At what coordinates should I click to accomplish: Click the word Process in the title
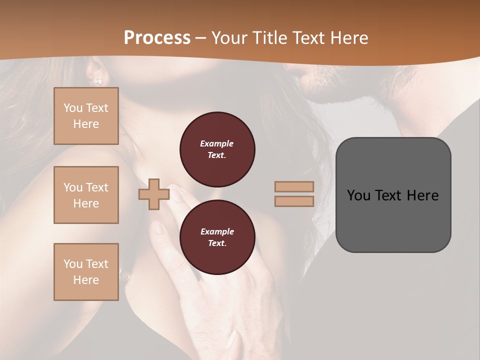[x=157, y=38]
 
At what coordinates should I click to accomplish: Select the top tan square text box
[x=86, y=116]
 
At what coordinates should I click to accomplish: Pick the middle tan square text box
[x=86, y=195]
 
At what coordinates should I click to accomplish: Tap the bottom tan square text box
[x=86, y=272]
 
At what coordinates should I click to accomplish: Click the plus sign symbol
[x=153, y=194]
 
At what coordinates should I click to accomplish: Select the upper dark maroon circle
[x=217, y=149]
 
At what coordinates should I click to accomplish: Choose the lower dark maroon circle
[x=217, y=237]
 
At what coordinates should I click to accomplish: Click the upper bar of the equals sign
[x=294, y=186]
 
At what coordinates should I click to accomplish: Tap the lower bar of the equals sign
[x=294, y=201]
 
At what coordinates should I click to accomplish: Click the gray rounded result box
[x=393, y=194]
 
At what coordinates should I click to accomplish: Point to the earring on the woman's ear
[x=98, y=81]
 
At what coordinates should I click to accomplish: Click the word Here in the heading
[x=348, y=38]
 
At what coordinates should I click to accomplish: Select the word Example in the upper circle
[x=217, y=143]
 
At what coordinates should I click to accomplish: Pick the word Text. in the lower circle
[x=217, y=243]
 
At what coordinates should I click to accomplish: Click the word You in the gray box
[x=358, y=195]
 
